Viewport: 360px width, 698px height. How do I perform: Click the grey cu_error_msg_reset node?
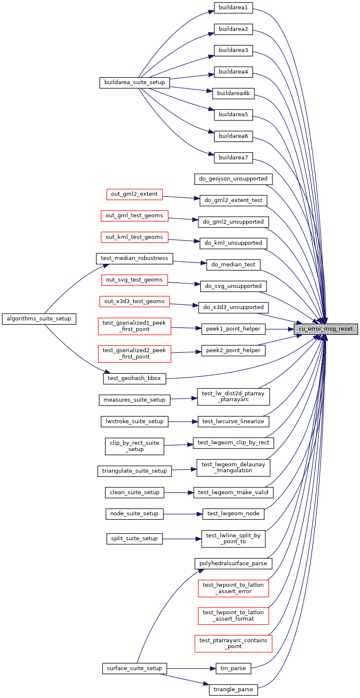pos(326,329)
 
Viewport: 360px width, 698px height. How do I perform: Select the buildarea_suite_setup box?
pos(134,82)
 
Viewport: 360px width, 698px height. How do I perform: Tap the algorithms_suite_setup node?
pos(39,319)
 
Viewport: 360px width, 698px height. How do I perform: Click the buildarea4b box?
pos(233,93)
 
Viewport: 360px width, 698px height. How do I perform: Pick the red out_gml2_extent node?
pos(134,194)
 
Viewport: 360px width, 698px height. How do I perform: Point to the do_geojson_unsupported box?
pos(233,179)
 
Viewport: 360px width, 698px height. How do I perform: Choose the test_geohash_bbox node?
pos(134,378)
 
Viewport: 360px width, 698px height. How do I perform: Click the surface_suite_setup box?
pos(134,668)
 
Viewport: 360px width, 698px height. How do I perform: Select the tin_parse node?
pos(233,668)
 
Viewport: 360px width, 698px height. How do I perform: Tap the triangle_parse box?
pos(233,690)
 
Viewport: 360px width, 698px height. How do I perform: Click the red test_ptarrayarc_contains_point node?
pos(233,643)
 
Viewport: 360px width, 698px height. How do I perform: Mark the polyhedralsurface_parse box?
pos(233,564)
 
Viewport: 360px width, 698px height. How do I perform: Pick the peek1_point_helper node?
pos(233,329)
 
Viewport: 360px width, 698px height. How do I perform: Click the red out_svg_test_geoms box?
pos(134,280)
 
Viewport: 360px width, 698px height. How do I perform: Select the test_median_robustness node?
pos(134,258)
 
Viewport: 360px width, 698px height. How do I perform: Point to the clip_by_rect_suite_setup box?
pos(134,446)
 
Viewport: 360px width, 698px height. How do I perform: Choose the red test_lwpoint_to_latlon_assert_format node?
pos(233,616)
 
